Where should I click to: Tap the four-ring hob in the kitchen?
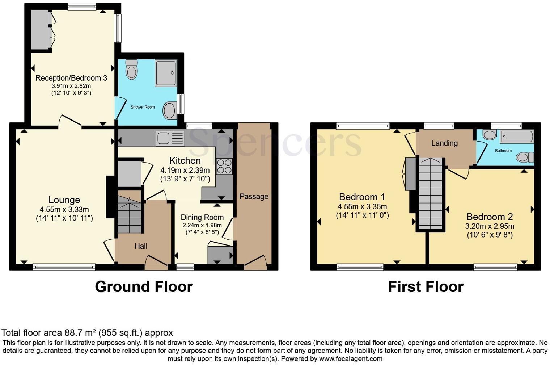tap(224, 167)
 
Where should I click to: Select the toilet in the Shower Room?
tap(131, 70)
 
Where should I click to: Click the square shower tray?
tap(166, 73)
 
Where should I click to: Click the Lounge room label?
tap(64, 200)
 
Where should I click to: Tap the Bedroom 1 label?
tap(362, 197)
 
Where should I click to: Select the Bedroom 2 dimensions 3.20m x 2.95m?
tap(490, 226)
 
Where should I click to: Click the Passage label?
tap(254, 197)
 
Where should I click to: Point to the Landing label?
tap(444, 143)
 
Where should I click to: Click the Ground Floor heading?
tap(144, 287)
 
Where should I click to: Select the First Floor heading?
tap(426, 287)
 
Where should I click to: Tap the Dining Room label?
tap(202, 217)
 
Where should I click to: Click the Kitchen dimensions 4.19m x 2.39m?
tap(185, 170)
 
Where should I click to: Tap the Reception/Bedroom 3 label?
tap(71, 78)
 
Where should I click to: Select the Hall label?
tap(141, 246)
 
